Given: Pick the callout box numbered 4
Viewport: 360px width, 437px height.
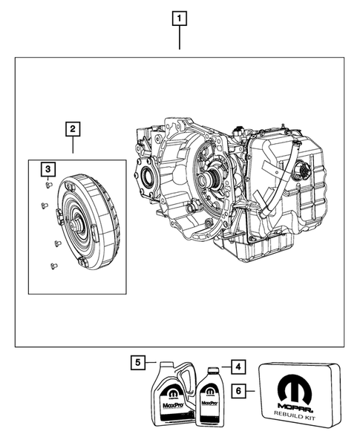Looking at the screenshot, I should point(236,366).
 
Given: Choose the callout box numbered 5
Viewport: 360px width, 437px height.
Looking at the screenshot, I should point(137,363).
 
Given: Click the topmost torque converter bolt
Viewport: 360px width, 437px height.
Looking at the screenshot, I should point(48,185).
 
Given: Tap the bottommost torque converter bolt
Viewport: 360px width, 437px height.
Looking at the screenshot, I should point(52,265).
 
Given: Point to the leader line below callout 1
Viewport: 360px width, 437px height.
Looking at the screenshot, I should point(179,37).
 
